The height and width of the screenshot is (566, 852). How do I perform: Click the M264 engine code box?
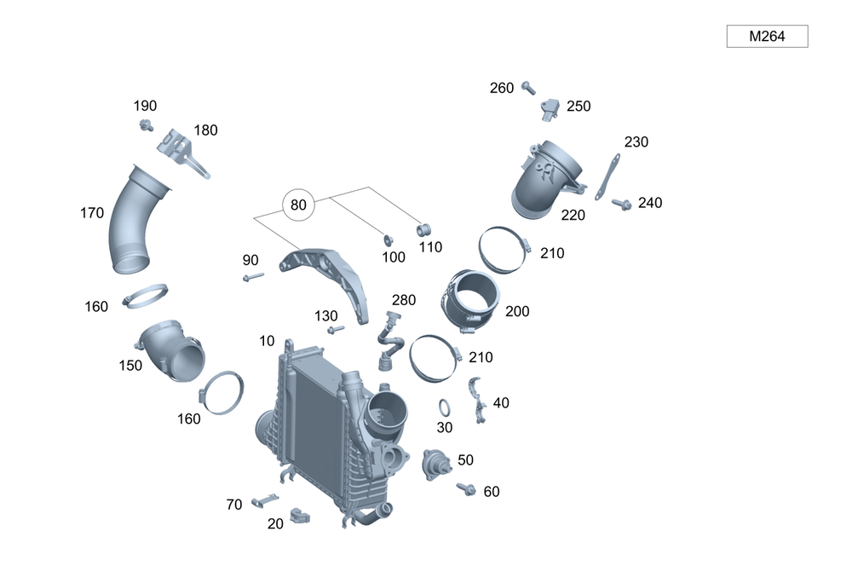[x=766, y=37]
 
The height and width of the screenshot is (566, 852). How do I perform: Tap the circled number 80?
[x=298, y=205]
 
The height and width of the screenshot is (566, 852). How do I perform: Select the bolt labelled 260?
[x=528, y=86]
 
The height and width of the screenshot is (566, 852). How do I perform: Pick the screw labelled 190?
[x=147, y=126]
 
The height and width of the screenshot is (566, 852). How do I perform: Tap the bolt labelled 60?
[x=467, y=489]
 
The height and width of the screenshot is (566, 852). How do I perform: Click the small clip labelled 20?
[x=300, y=515]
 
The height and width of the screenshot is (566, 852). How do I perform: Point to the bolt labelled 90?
[x=252, y=276]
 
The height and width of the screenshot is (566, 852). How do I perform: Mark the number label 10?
[x=267, y=341]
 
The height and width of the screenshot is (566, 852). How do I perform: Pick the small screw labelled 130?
[x=336, y=329]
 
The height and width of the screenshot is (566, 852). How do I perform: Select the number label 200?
[x=517, y=311]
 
